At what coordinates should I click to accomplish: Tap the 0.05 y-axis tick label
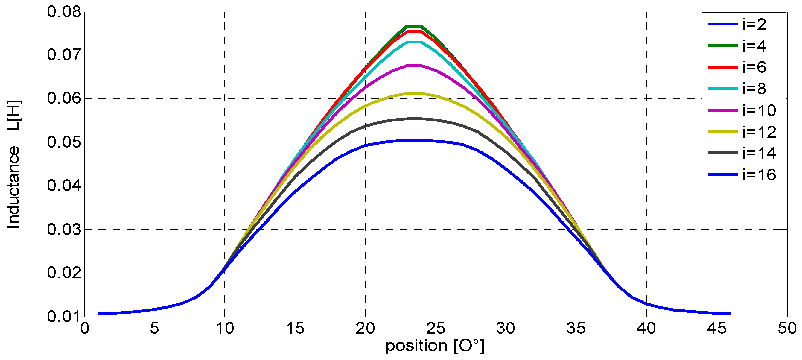pyautogui.click(x=60, y=142)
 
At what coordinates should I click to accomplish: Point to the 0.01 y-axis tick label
pyautogui.click(x=60, y=317)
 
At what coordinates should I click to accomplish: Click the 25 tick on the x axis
pyautogui.click(x=435, y=328)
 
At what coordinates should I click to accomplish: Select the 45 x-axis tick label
pyautogui.click(x=717, y=328)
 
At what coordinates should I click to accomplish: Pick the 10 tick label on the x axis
pyautogui.click(x=224, y=328)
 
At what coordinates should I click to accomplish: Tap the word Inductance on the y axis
pyautogui.click(x=13, y=187)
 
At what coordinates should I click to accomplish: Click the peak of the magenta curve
pyautogui.click(x=414, y=66)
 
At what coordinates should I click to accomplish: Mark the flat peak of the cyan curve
pyautogui.click(x=414, y=42)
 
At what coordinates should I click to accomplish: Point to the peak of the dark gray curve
pyautogui.click(x=414, y=119)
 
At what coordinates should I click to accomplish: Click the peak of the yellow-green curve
pyautogui.click(x=414, y=93)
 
